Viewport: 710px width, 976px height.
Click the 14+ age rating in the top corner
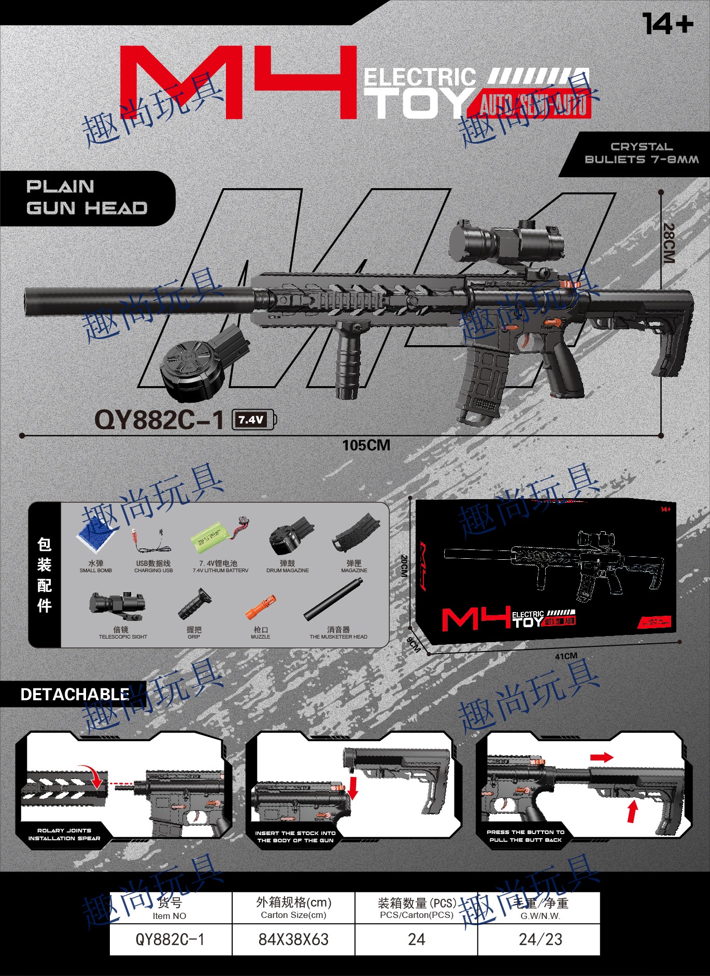[x=668, y=24]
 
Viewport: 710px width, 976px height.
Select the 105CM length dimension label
[x=366, y=445]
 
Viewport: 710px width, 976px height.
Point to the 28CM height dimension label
[x=669, y=243]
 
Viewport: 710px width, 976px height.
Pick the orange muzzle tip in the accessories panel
[x=260, y=607]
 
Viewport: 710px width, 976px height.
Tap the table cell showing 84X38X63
[x=293, y=939]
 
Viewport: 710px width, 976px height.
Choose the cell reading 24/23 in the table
[x=540, y=939]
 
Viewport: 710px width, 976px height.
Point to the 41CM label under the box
[x=566, y=656]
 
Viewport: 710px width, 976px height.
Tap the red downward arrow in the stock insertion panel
[x=353, y=787]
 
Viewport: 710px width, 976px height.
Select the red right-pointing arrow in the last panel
[x=601, y=757]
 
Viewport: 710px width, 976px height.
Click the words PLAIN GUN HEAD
[x=87, y=197]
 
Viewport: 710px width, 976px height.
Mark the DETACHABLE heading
[x=75, y=695]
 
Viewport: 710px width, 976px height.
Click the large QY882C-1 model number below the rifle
[x=159, y=419]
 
